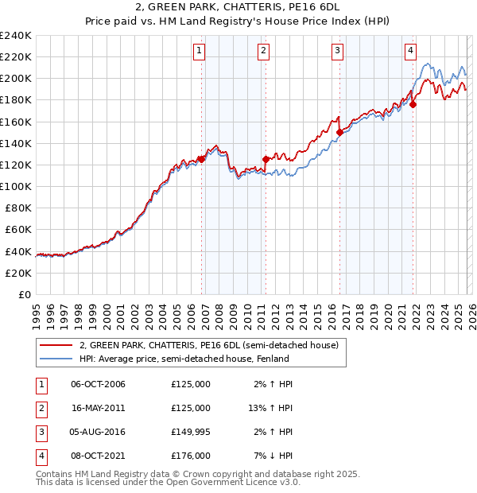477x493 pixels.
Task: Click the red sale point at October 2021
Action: [413, 103]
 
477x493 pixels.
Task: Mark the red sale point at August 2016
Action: [339, 132]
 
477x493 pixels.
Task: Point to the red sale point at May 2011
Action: [266, 158]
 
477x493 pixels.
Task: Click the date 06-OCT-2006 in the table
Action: [98, 384]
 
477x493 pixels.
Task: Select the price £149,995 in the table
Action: [191, 432]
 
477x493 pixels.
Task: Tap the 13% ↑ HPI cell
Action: [270, 408]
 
